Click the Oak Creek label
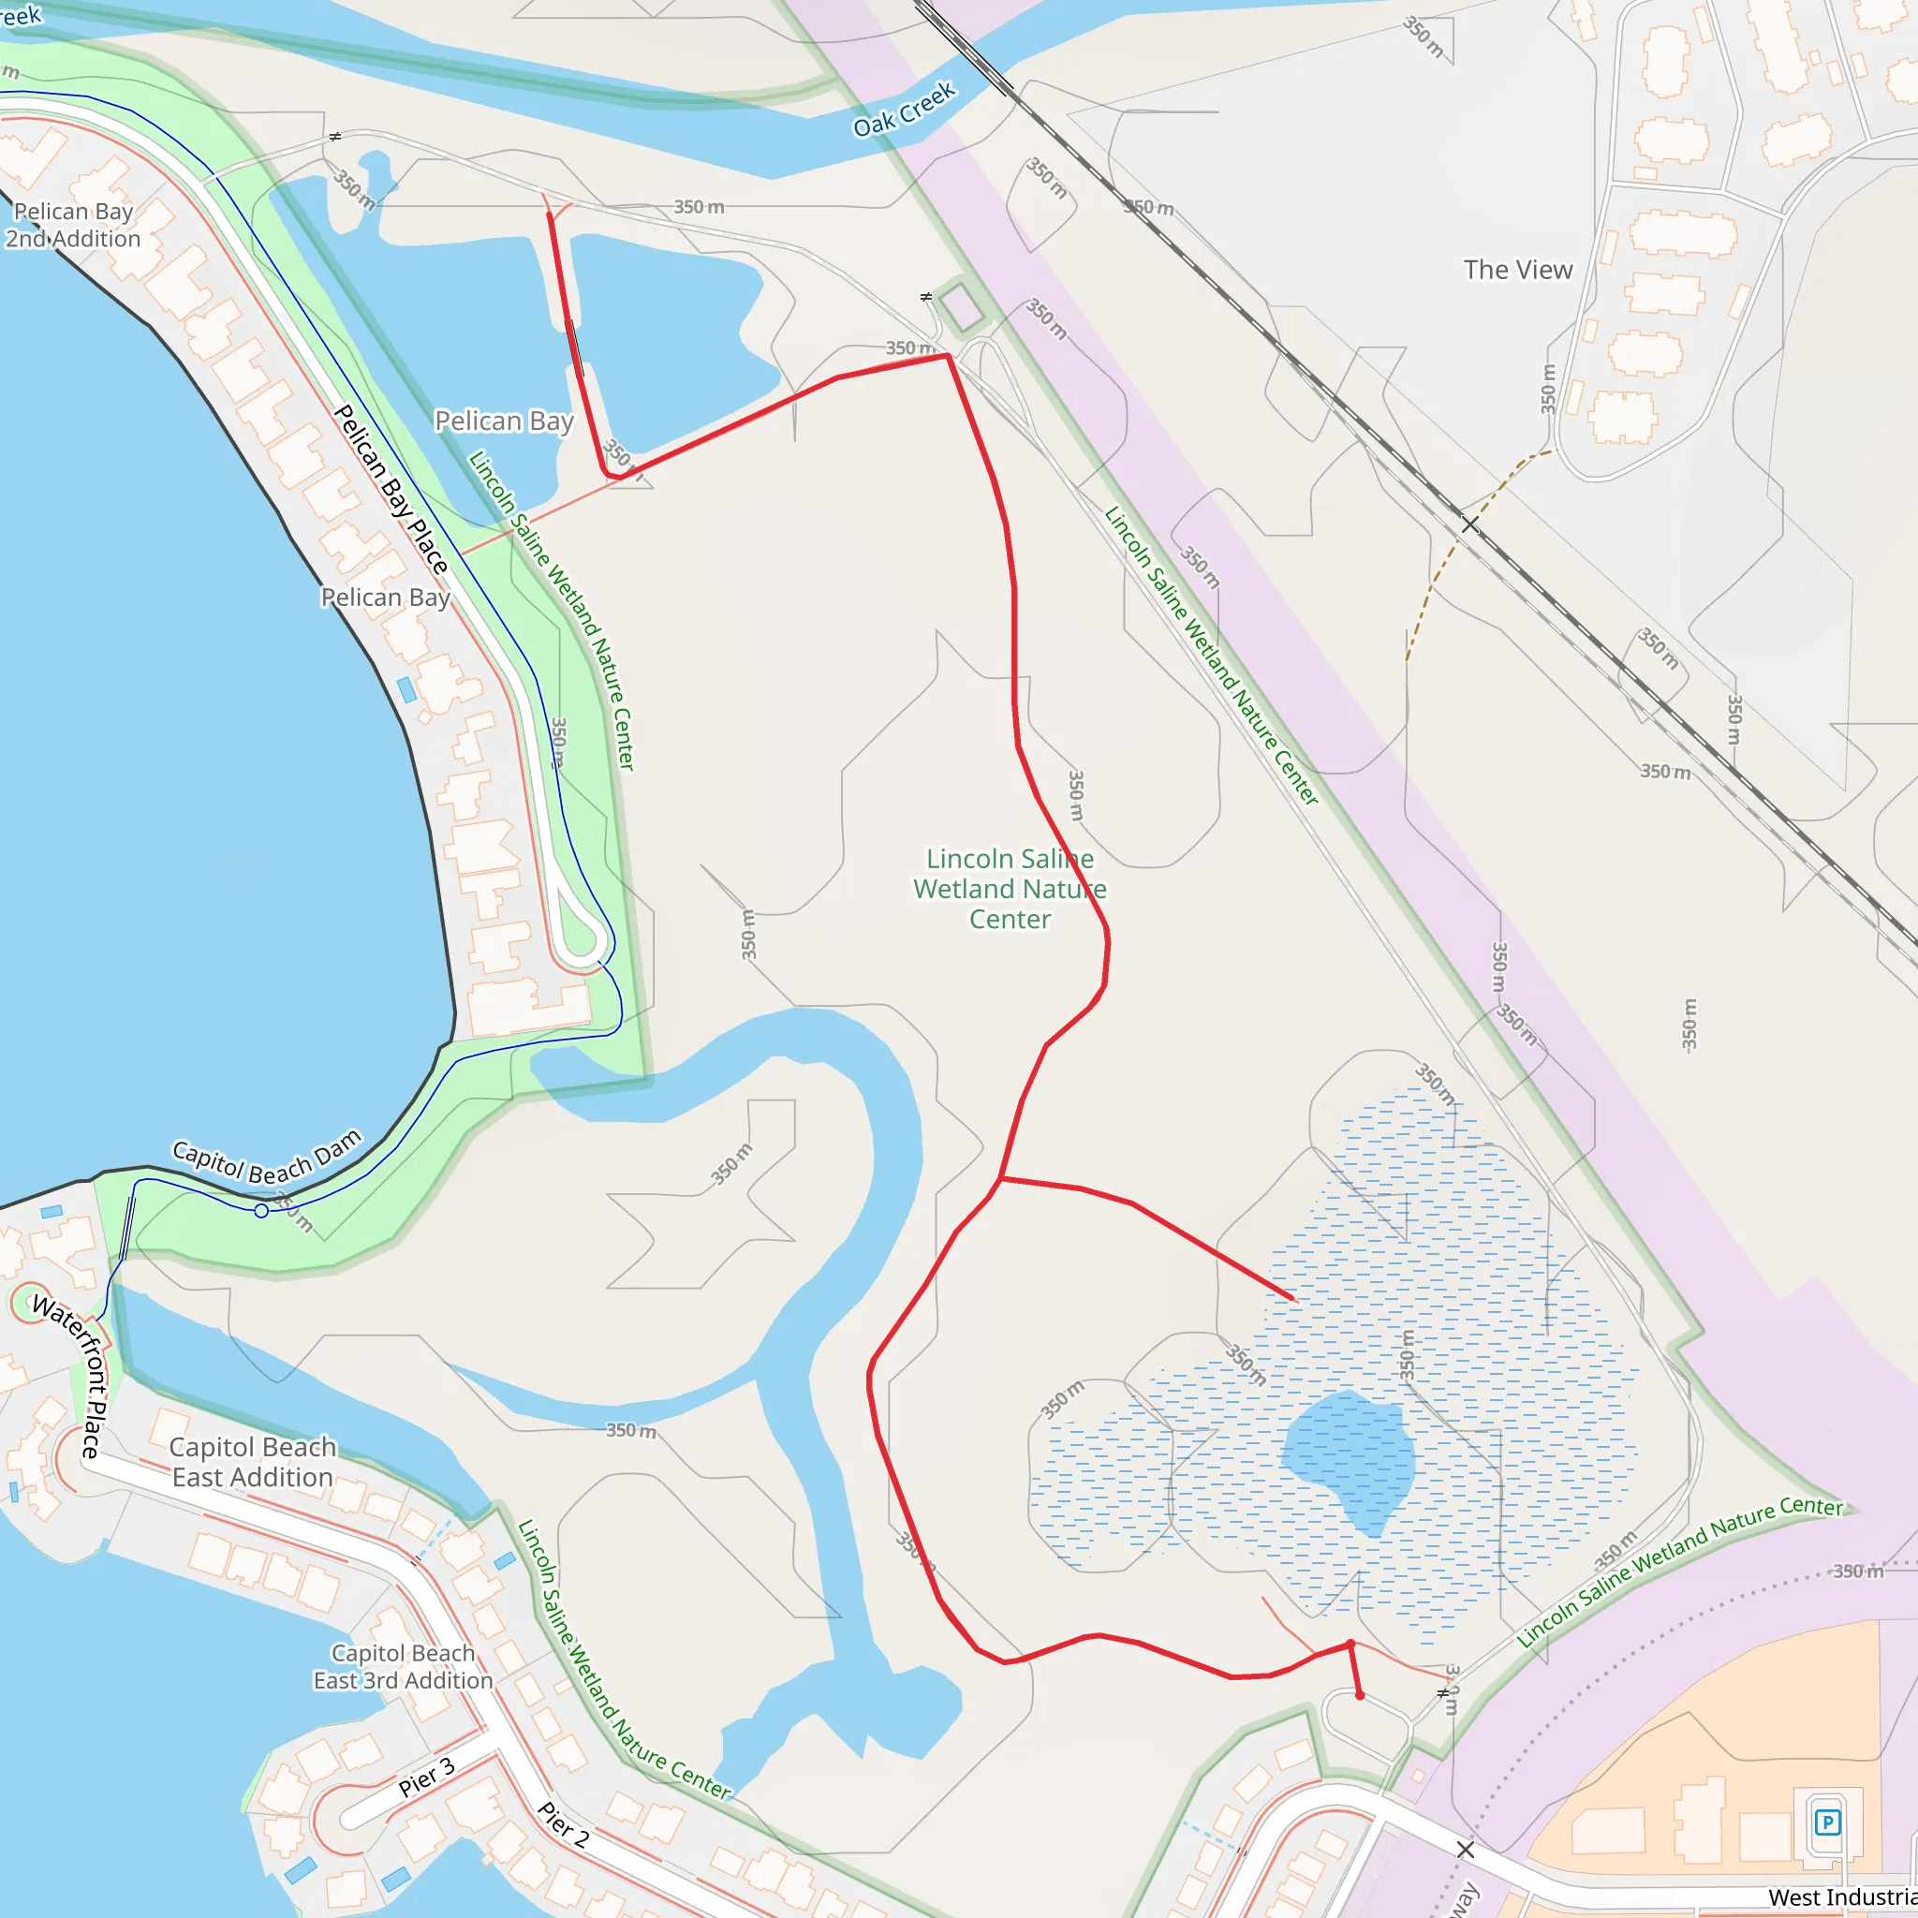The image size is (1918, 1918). pyautogui.click(x=904, y=109)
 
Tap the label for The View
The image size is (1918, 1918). pyautogui.click(x=1517, y=270)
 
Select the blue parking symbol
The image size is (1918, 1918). pyautogui.click(x=1826, y=1822)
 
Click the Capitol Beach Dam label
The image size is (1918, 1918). pyautogui.click(x=267, y=1160)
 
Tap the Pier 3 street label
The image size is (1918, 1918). pyautogui.click(x=426, y=1777)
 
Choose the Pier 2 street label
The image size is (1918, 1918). pyautogui.click(x=563, y=1823)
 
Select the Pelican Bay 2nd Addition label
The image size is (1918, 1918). pyautogui.click(x=72, y=226)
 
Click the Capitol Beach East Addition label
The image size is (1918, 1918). pyautogui.click(x=252, y=1461)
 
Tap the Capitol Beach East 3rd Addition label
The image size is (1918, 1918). pyautogui.click(x=403, y=1667)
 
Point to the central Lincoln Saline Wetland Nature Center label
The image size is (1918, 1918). pyautogui.click(x=1010, y=889)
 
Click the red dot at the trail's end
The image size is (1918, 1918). pyautogui.click(x=1359, y=1696)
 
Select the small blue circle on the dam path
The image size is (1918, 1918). pyautogui.click(x=261, y=1211)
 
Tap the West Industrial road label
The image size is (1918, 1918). pyautogui.click(x=1841, y=1897)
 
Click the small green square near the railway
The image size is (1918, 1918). pyautogui.click(x=960, y=308)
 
